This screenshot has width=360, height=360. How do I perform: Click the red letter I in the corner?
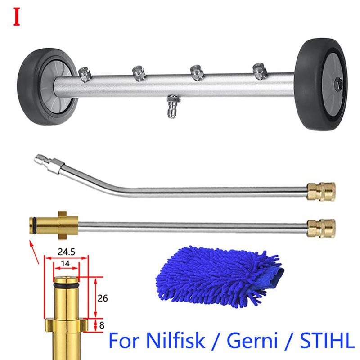pyautogui.click(x=17, y=17)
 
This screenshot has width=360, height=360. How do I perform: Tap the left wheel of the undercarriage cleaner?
pyautogui.click(x=47, y=87)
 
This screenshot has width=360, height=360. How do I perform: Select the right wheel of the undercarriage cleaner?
pyautogui.click(x=321, y=85)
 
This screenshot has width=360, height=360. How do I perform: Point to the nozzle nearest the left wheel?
pyautogui.click(x=85, y=74)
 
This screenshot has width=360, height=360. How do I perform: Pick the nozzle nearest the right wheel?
pyautogui.click(x=260, y=71)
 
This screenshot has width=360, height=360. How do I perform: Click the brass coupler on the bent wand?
pyautogui.click(x=321, y=192)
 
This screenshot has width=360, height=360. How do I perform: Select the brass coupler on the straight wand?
pyautogui.click(x=321, y=228)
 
